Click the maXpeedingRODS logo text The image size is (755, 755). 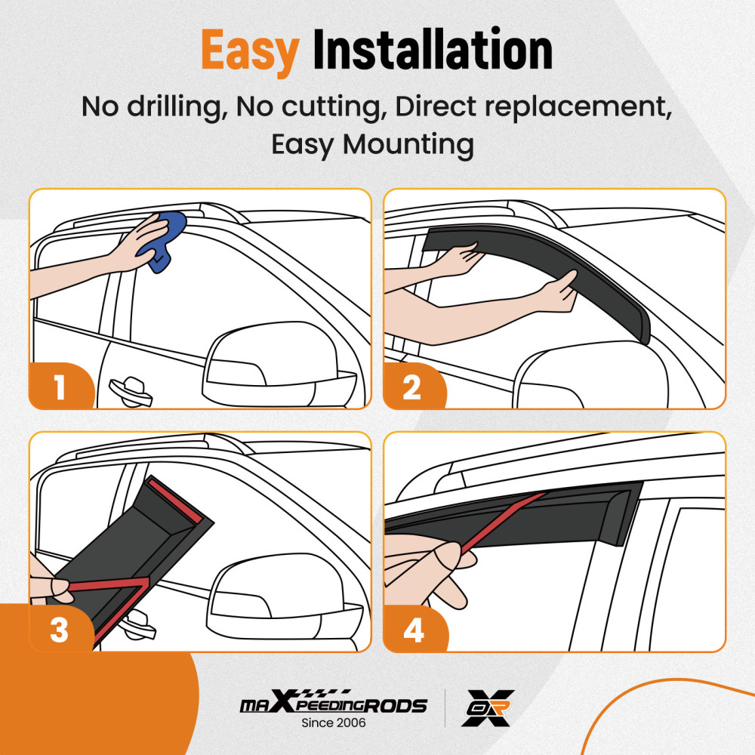pos(333,705)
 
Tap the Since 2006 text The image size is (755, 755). pos(334,723)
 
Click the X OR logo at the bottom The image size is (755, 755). pos(487,707)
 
